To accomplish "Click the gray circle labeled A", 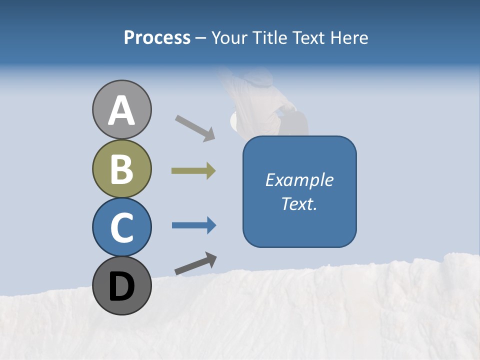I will click(x=121, y=109).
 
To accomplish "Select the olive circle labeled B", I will click(x=121, y=168).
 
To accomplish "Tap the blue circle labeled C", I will click(x=121, y=227).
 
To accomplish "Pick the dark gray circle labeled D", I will click(x=121, y=285).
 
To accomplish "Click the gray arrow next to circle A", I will click(x=195, y=128).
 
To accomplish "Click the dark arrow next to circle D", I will click(x=195, y=263).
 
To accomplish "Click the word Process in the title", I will click(x=157, y=37).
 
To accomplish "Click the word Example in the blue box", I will click(x=299, y=180).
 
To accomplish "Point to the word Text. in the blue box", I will click(x=299, y=203).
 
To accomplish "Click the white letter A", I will click(x=121, y=110).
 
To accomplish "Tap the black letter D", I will click(x=121, y=286).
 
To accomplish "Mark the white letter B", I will click(x=121, y=169).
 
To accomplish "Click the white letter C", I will click(x=121, y=227).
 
